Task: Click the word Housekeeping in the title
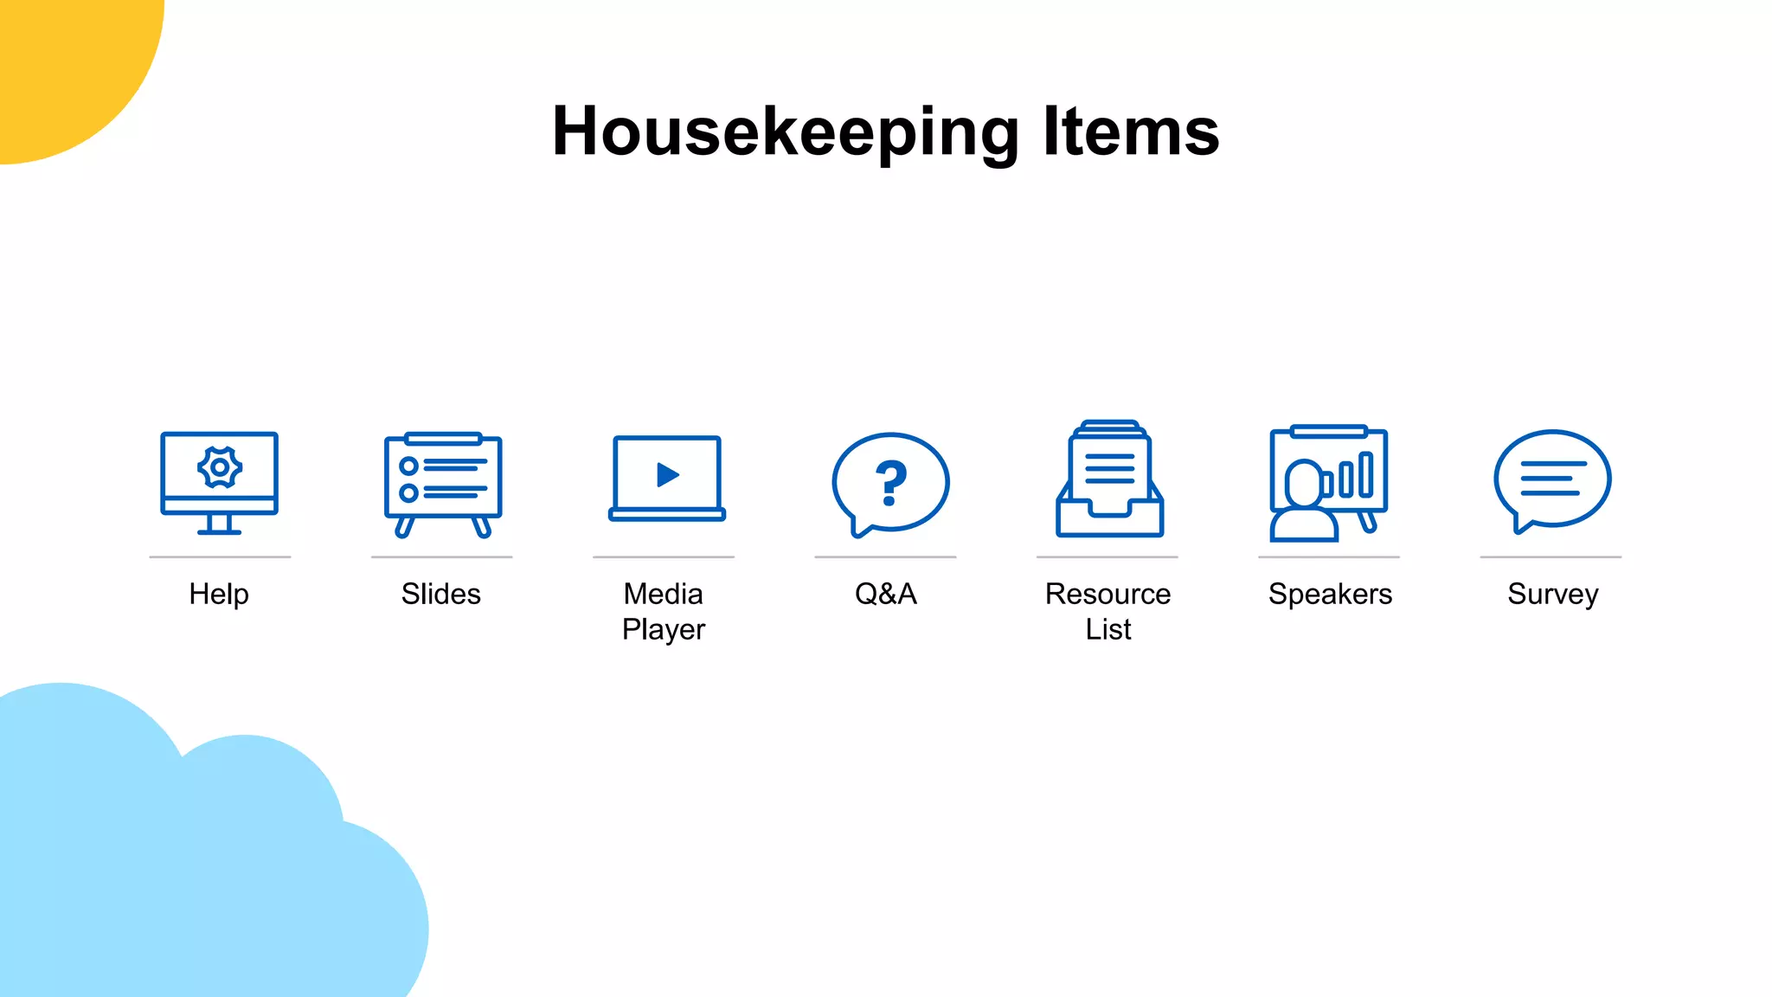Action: click(x=786, y=132)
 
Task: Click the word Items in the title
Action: click(x=1131, y=132)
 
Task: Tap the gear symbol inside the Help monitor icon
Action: click(x=220, y=467)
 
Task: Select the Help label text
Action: click(x=219, y=595)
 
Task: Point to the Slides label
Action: click(x=441, y=595)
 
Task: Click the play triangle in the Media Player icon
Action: click(x=667, y=475)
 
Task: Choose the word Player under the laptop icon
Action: click(x=664, y=630)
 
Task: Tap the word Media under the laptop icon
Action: click(x=664, y=595)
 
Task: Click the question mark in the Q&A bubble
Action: click(x=890, y=482)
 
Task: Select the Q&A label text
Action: click(x=886, y=595)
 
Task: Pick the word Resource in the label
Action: click(x=1107, y=595)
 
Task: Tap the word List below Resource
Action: click(x=1108, y=630)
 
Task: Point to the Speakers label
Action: click(x=1330, y=595)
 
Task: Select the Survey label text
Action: click(x=1552, y=595)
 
